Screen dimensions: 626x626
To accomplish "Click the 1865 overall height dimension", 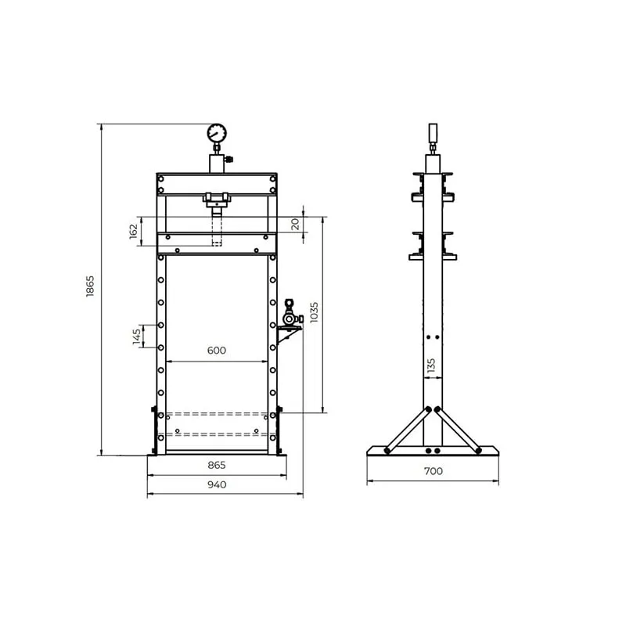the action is click(90, 286).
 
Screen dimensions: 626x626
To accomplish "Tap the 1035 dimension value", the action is click(315, 312).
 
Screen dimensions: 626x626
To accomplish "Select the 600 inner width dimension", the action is click(217, 350).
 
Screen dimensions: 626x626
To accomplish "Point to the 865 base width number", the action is click(217, 465).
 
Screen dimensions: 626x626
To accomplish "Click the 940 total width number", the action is click(217, 484).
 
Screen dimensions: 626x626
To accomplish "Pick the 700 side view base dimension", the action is click(434, 471).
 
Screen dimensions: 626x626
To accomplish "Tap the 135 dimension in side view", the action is click(431, 365).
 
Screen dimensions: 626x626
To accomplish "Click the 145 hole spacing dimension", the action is click(137, 336).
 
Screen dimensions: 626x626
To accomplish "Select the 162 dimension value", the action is click(133, 231).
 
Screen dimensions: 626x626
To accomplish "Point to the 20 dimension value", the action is click(295, 225).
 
